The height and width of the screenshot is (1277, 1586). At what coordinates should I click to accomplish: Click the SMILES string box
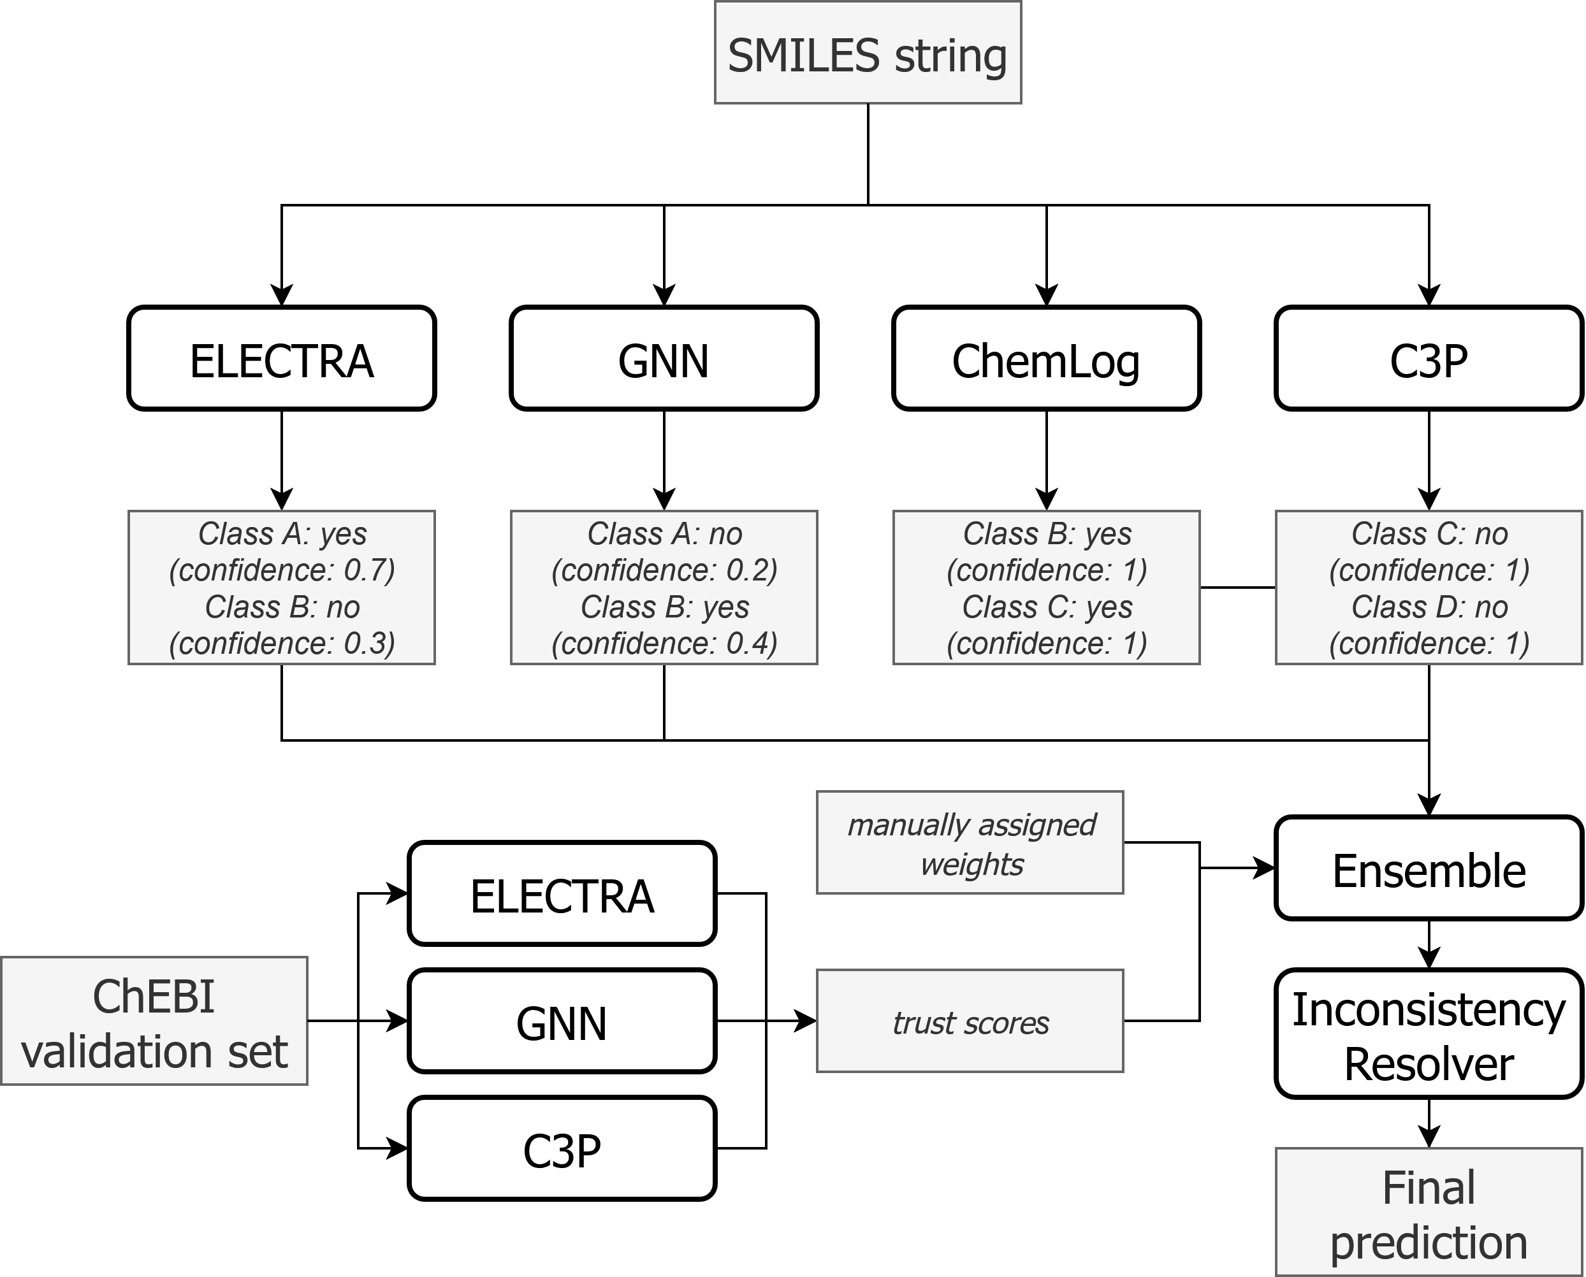point(868,53)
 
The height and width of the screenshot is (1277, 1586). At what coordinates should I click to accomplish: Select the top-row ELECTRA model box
point(282,359)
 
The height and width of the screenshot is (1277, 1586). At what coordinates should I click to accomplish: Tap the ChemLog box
point(1046,359)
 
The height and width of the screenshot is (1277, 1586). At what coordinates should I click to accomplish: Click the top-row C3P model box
point(1429,359)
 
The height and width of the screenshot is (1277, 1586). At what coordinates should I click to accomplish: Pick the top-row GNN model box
point(664,359)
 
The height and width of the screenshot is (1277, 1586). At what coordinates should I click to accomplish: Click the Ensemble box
point(1429,869)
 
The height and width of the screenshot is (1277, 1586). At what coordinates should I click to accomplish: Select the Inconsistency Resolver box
point(1429,1034)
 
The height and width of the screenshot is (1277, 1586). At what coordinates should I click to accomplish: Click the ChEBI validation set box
point(154,1021)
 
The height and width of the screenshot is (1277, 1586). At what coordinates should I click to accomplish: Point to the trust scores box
point(970,1021)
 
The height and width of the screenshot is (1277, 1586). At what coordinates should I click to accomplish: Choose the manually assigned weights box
point(970,843)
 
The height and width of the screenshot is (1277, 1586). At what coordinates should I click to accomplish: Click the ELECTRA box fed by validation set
point(562,894)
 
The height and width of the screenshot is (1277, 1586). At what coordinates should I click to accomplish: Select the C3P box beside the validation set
point(562,1148)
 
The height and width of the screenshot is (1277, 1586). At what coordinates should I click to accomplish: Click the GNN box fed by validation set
point(562,1021)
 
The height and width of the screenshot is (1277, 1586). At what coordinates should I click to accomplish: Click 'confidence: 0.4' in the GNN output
point(664,644)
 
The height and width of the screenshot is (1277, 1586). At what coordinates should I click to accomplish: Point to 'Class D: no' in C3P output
point(1429,607)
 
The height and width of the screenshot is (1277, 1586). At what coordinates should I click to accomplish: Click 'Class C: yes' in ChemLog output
point(1047,607)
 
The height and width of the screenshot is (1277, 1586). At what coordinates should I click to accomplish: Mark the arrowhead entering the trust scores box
point(806,1021)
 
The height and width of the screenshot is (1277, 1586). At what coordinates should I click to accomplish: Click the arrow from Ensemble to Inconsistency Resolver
point(1429,945)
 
